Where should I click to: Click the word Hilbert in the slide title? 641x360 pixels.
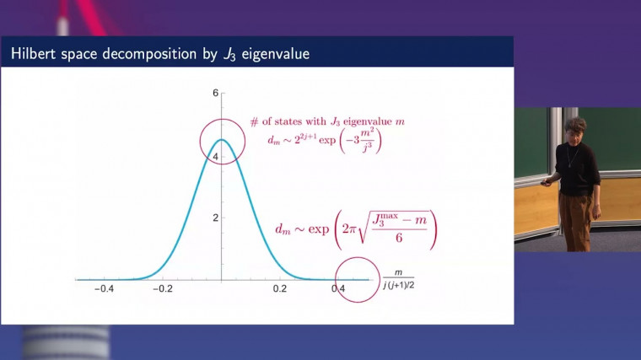coord(34,53)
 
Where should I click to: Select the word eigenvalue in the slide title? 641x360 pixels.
coord(275,54)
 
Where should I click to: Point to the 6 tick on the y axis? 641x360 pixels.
coord(215,94)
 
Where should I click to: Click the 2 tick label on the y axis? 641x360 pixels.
coord(215,218)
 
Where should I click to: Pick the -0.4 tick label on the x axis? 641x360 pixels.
coord(105,289)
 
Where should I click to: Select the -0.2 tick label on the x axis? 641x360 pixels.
coord(163,289)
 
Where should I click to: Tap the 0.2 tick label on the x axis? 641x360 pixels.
coord(280,289)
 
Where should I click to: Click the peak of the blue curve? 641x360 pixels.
coord(222,140)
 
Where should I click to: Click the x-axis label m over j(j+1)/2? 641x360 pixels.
coord(399,279)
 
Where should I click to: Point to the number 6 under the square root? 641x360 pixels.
coord(399,237)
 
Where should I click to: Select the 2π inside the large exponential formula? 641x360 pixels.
coord(349,228)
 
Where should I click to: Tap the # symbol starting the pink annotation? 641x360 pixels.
coord(254,122)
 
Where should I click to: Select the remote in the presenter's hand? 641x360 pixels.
coord(546,183)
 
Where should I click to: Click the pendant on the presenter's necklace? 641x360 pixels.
coord(568,165)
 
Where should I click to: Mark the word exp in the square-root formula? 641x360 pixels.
coord(319,229)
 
